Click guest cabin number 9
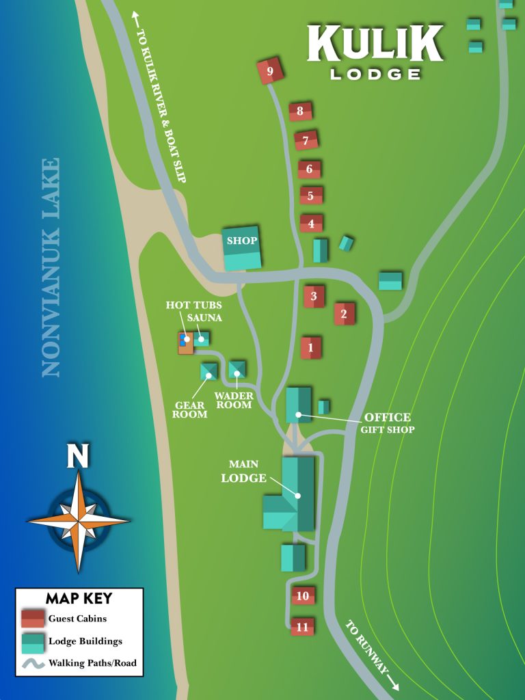pos(270,71)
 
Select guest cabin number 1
pos(311,347)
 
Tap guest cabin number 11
pos(302,626)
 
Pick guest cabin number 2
pos(345,314)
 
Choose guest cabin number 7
pos(306,141)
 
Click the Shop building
pos(242,247)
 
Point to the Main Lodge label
pos(243,472)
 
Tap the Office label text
pos(387,417)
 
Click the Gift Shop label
pos(388,430)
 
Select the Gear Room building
pos(208,371)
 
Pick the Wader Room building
pos(237,370)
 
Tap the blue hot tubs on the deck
pos(183,338)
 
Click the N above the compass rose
pos(78,456)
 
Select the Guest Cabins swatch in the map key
pos(32,619)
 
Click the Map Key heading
pos(79,599)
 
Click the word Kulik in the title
pos(375,43)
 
